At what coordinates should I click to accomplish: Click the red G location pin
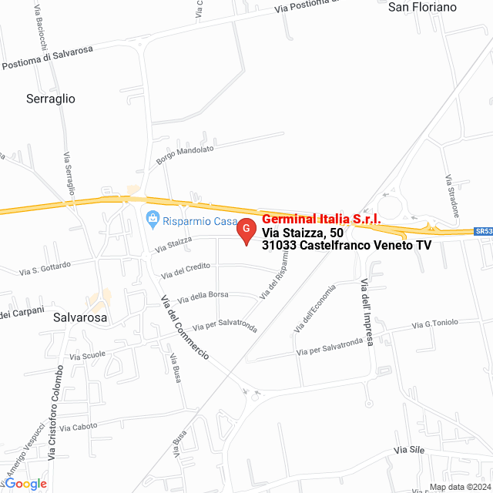(246, 230)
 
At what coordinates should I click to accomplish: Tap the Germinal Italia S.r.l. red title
(321, 220)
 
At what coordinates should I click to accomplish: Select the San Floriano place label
(422, 7)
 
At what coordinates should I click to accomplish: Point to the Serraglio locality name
(51, 99)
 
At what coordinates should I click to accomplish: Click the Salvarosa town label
(80, 317)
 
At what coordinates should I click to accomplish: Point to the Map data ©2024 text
(459, 487)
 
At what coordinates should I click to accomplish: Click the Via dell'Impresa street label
(367, 314)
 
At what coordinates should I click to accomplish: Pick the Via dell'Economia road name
(315, 309)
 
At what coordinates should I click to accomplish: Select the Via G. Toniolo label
(435, 323)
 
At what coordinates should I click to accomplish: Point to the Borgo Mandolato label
(184, 156)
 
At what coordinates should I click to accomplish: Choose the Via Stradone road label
(452, 195)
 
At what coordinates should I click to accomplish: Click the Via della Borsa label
(203, 296)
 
